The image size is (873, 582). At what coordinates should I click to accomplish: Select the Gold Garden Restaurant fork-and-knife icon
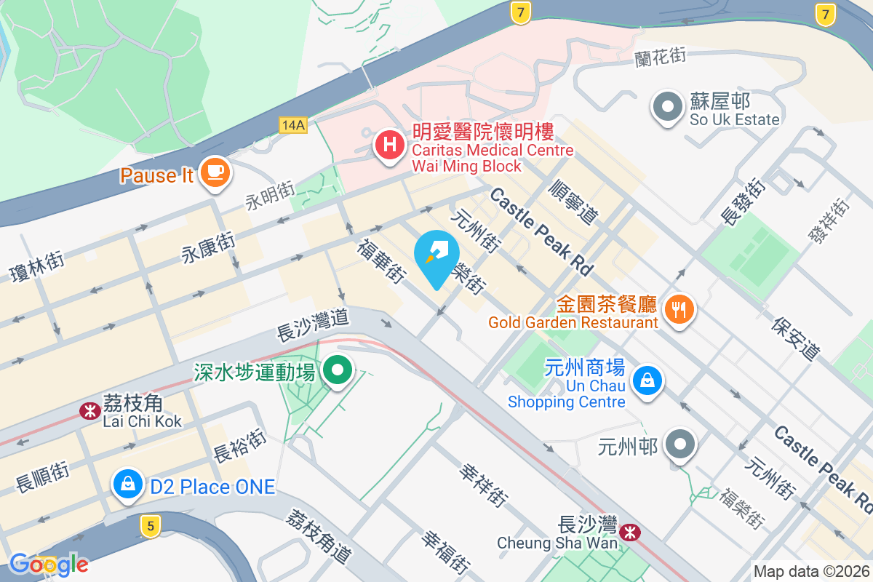(x=679, y=309)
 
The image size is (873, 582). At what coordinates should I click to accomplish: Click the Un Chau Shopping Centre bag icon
(x=647, y=380)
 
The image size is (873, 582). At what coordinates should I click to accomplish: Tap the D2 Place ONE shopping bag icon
(x=127, y=483)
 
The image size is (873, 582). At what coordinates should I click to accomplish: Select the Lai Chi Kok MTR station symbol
(x=89, y=411)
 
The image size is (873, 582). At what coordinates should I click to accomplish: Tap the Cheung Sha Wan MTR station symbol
(x=631, y=533)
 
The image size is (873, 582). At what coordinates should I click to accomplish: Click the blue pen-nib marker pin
(x=436, y=257)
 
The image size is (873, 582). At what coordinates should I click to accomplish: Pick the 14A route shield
(x=292, y=125)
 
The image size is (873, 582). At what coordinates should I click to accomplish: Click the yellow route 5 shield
(x=150, y=526)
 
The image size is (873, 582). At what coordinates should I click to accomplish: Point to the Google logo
(x=49, y=564)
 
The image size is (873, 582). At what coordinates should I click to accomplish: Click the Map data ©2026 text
(x=811, y=572)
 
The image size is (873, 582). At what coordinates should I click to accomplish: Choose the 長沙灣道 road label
(x=313, y=324)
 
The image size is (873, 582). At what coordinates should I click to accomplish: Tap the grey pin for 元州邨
(x=682, y=445)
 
